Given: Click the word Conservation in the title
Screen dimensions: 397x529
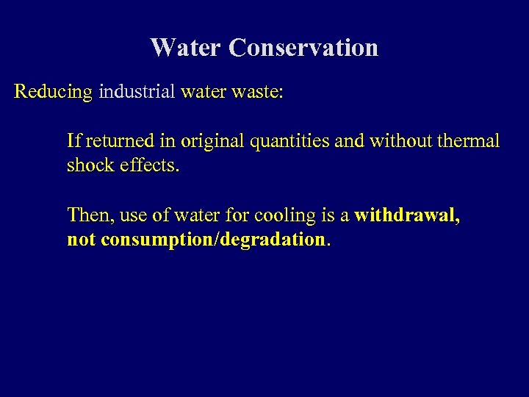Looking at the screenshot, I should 303,48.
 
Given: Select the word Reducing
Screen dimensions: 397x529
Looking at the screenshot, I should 54,93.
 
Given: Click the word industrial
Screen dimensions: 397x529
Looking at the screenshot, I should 137,93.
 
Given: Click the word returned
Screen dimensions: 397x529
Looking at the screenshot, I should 114,140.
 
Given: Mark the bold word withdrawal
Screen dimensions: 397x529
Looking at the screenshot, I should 406,215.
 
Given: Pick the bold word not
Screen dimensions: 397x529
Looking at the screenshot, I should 81,240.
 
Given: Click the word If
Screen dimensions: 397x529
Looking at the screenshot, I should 73,140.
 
